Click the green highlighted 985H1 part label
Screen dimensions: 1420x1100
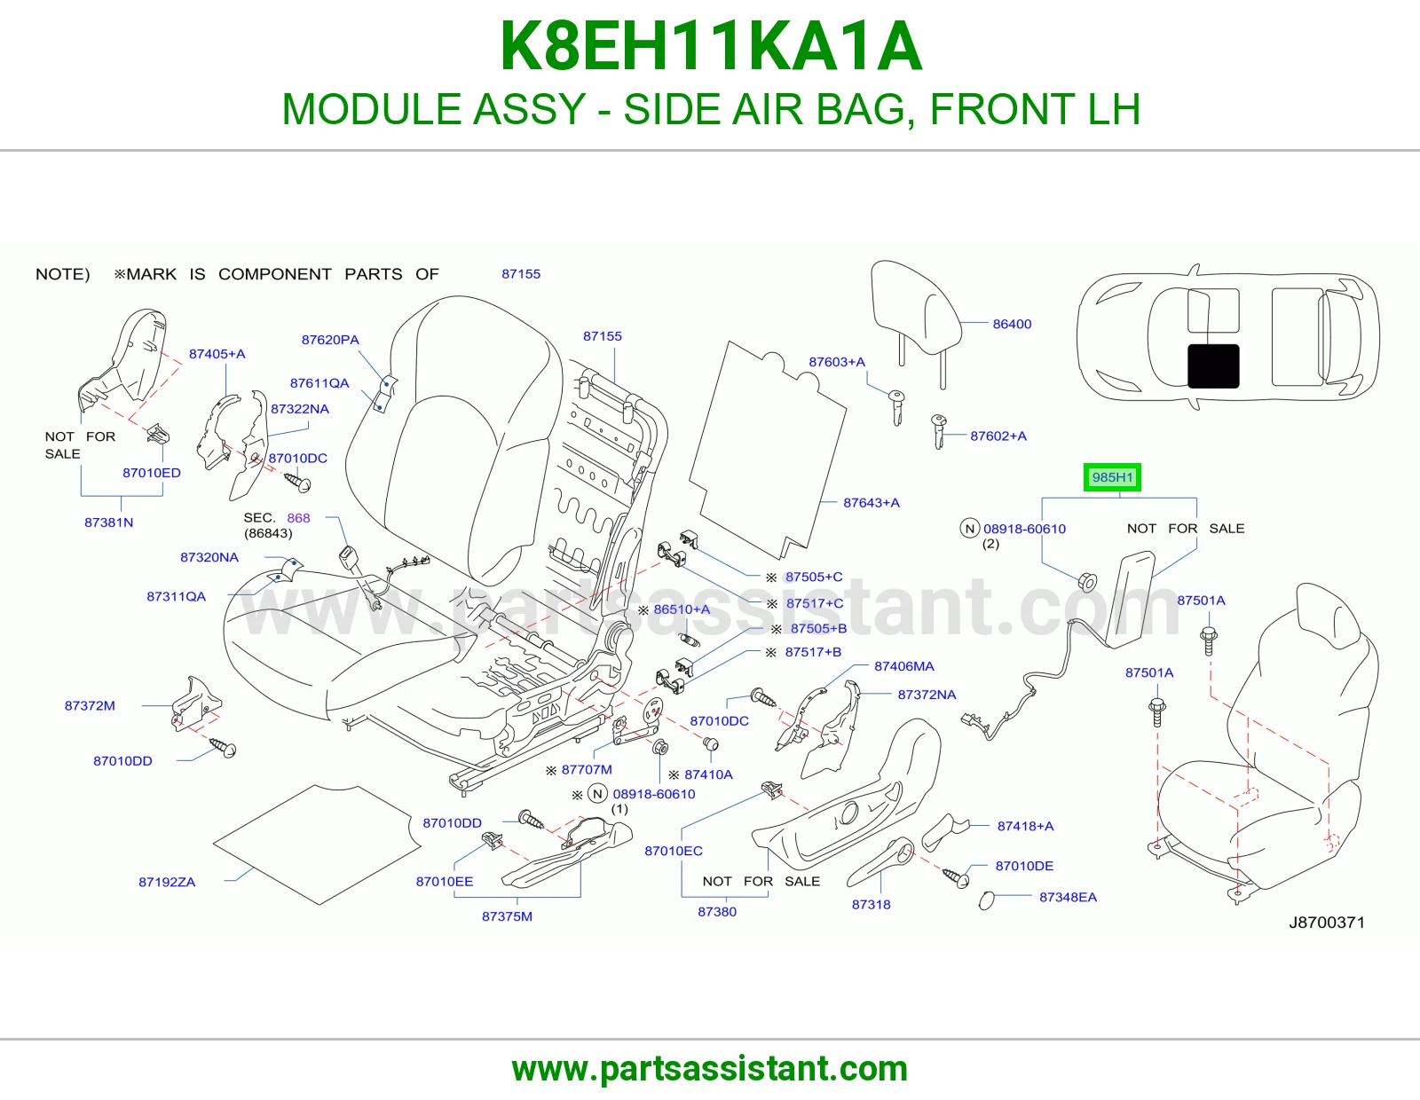coord(1111,477)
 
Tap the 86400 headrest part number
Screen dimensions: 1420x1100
coord(1012,324)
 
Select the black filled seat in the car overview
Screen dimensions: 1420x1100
coord(1213,365)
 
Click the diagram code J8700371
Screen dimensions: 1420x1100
coord(1327,923)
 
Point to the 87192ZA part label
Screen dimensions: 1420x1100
coord(167,882)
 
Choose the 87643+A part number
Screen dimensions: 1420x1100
coord(872,502)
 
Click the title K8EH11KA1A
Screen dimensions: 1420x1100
coord(710,46)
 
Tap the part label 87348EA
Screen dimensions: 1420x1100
coord(1068,897)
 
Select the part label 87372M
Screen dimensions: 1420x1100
coord(90,705)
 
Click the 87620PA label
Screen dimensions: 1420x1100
coord(330,340)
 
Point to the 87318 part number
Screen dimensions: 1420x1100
coord(871,904)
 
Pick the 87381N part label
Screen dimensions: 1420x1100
coord(108,522)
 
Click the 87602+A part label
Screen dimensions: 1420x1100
coord(998,436)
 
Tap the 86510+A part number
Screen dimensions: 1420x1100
coord(682,609)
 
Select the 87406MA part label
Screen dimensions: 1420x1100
coord(903,666)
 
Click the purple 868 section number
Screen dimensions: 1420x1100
coord(298,518)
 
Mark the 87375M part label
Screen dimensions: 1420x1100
coord(507,916)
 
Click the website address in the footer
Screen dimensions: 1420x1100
coord(710,1069)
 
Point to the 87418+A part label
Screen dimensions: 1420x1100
coord(1025,826)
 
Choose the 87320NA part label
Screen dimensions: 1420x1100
coord(209,557)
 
